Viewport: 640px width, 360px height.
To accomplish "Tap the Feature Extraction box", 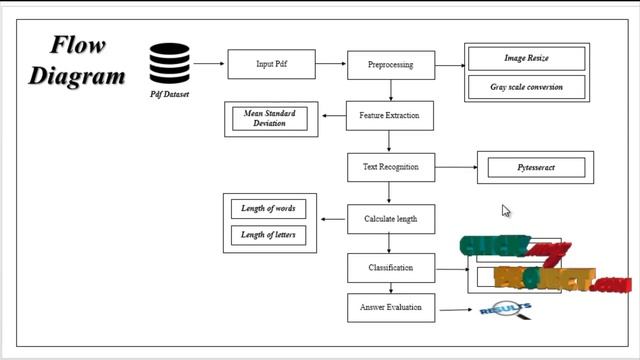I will [x=390, y=116].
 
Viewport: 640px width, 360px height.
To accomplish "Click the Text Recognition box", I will [x=390, y=167].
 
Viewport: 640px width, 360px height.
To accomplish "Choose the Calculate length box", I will [x=390, y=218].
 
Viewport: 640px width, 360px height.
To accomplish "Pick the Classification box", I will [x=390, y=268].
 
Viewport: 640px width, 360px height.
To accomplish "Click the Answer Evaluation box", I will [x=390, y=308].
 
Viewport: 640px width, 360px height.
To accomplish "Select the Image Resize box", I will [x=526, y=59].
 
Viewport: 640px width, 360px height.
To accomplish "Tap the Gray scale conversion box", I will [x=526, y=87].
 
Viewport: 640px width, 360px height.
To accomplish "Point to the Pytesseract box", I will [x=536, y=168].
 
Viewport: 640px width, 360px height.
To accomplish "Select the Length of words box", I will [x=268, y=209].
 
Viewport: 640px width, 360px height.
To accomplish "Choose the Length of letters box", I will [x=268, y=235].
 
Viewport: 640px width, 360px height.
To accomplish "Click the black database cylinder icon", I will [x=170, y=63].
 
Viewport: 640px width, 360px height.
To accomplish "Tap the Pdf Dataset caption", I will [x=170, y=95].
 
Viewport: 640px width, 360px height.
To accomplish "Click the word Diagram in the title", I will [x=77, y=75].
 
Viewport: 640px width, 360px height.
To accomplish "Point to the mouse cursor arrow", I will [x=506, y=210].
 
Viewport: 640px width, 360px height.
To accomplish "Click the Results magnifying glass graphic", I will [x=506, y=310].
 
